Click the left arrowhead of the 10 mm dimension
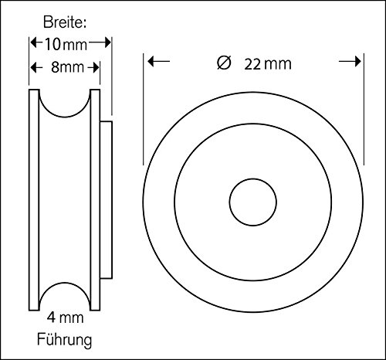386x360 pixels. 32,44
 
